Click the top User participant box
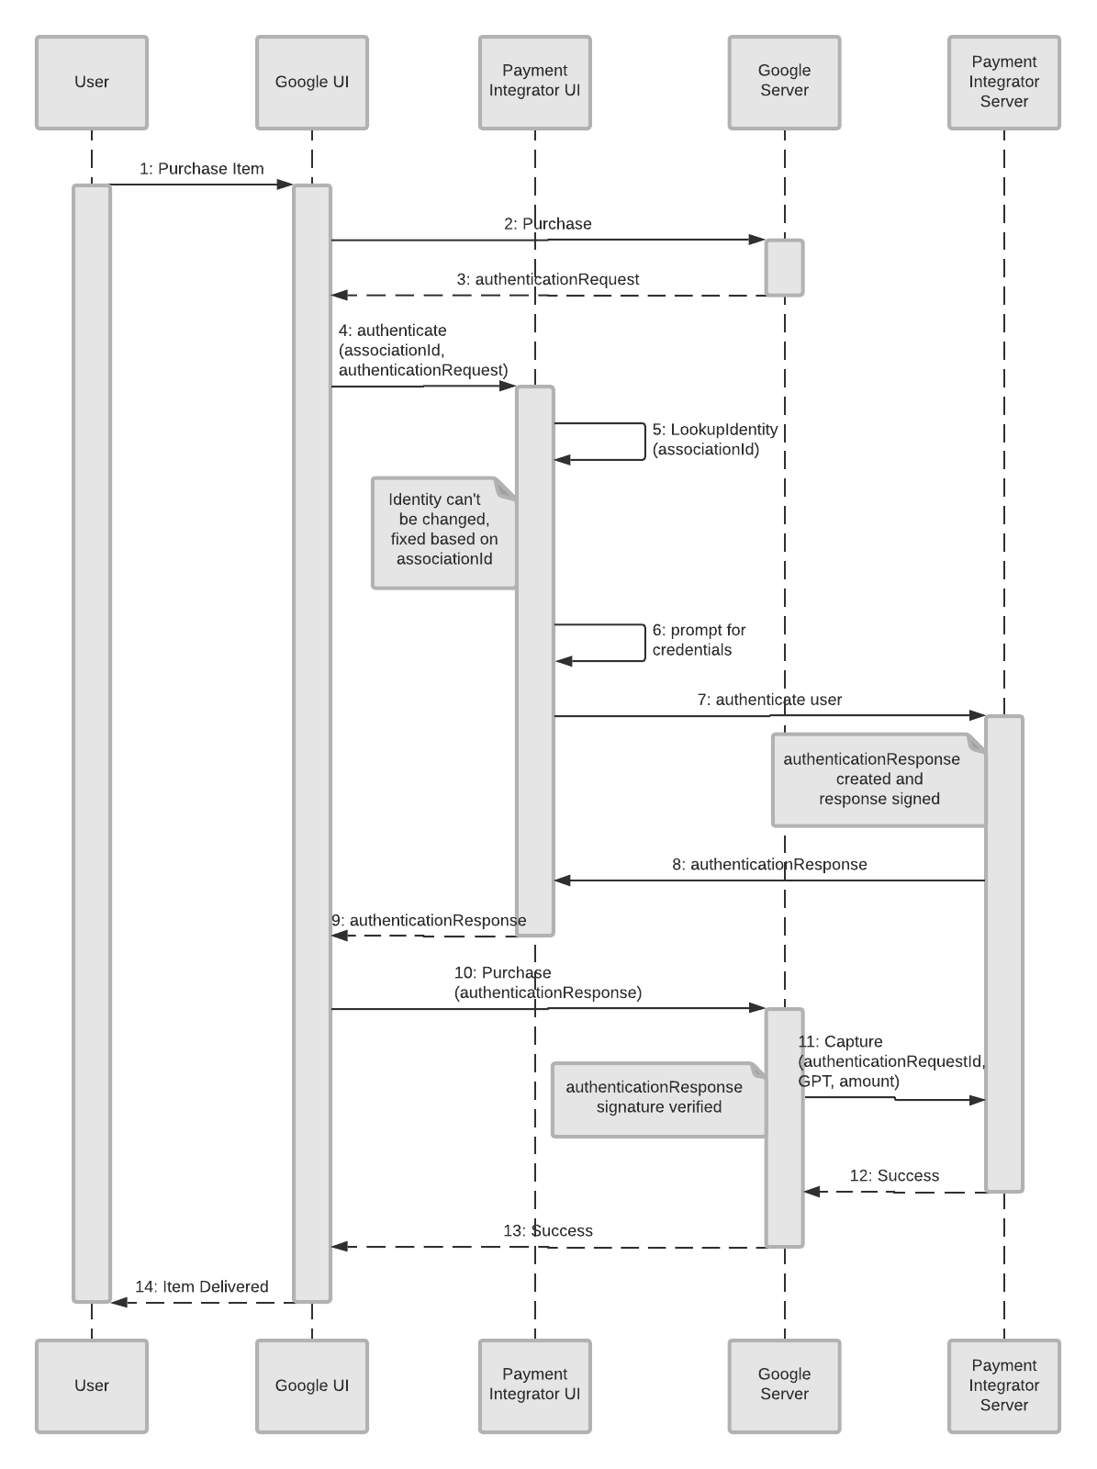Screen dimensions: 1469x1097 tap(92, 83)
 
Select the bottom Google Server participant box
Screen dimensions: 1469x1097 tap(784, 1385)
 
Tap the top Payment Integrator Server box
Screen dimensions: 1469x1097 tap(1003, 83)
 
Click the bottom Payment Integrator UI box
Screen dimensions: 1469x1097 tap(534, 1385)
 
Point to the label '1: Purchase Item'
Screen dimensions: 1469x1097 tap(201, 169)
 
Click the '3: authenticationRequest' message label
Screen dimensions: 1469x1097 tap(547, 279)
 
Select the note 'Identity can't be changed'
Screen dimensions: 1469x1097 tap(443, 531)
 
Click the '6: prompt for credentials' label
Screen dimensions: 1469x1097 tap(699, 640)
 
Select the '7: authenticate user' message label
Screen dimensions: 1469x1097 tap(769, 700)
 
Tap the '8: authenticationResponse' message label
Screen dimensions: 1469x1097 tap(769, 865)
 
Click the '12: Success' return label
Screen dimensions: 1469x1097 tap(894, 1176)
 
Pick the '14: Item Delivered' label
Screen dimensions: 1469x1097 tap(201, 1287)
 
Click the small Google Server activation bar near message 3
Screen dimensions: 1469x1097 tap(785, 268)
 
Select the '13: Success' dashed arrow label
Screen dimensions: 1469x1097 tap(547, 1231)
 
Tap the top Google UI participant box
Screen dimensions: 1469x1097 tap(312, 83)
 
